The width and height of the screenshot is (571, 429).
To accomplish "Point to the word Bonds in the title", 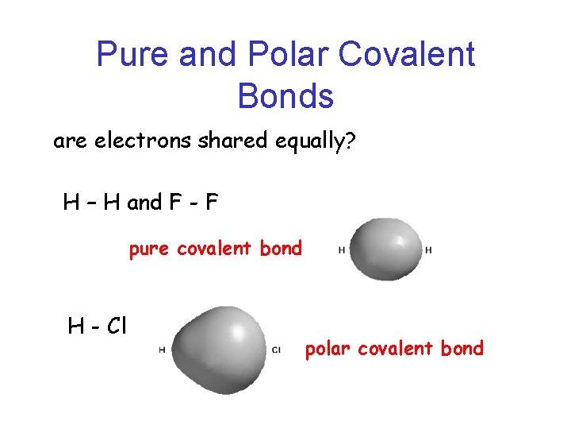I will coord(285,96).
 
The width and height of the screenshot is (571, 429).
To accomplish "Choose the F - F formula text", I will coord(193,203).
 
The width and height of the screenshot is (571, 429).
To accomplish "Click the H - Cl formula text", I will coord(98,325).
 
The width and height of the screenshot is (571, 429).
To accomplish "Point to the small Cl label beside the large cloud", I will coord(276,350).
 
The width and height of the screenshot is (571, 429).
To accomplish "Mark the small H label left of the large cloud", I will coord(162,350).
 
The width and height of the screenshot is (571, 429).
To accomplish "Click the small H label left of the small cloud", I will coord(341,249).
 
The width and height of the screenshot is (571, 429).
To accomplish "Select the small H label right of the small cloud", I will coord(428,249).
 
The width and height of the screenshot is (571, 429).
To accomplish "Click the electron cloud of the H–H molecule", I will coord(385,248).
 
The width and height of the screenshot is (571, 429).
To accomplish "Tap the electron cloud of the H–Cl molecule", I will coord(217,348).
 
